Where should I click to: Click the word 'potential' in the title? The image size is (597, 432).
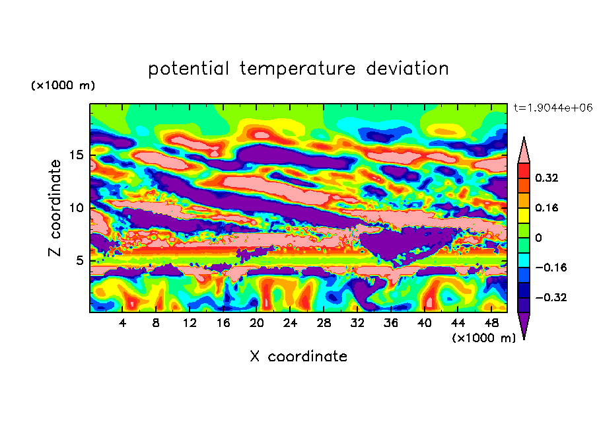pyautogui.click(x=188, y=69)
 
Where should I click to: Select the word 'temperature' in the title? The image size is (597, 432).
pyautogui.click(x=297, y=69)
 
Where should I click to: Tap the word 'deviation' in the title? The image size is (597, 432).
pyautogui.click(x=407, y=68)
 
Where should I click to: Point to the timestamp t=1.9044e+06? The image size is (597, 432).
pyautogui.click(x=553, y=108)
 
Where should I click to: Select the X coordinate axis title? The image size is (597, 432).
pyautogui.click(x=298, y=356)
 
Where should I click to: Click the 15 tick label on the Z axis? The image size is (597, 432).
pyautogui.click(x=77, y=155)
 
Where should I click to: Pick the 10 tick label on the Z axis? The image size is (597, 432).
pyautogui.click(x=77, y=207)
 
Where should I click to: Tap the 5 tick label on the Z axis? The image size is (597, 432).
pyautogui.click(x=79, y=260)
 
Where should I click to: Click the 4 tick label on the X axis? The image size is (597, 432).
pyautogui.click(x=122, y=323)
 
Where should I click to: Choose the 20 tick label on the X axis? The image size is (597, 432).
pyautogui.click(x=257, y=323)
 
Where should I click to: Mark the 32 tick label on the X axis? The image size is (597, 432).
pyautogui.click(x=357, y=323)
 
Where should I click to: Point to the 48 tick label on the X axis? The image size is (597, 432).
pyautogui.click(x=491, y=323)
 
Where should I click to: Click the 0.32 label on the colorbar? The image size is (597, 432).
pyautogui.click(x=546, y=178)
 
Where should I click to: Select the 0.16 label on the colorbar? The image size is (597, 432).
pyautogui.click(x=546, y=207)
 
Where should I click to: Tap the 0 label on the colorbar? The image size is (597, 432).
pyautogui.click(x=538, y=238)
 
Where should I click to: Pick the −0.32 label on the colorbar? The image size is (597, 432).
pyautogui.click(x=551, y=297)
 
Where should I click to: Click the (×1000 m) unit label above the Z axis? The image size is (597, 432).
pyautogui.click(x=63, y=85)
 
